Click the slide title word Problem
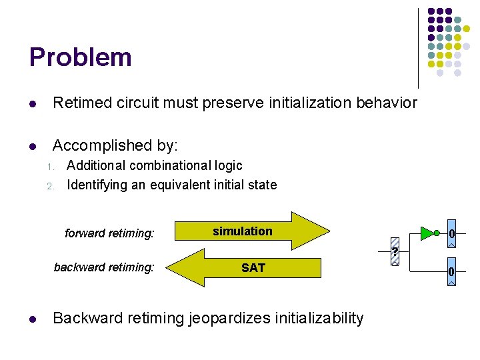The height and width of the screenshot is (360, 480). tap(80, 57)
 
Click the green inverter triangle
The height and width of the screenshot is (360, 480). tap(427, 233)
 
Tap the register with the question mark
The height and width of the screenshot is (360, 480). tap(395, 251)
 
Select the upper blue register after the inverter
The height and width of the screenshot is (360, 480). tap(451, 233)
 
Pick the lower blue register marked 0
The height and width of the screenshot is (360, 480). tap(451, 271)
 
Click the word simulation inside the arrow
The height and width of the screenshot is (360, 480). tap(243, 231)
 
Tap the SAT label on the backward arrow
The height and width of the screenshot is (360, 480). tap(253, 268)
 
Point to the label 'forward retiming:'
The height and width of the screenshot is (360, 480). tap(109, 233)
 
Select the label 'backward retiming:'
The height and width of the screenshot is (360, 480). tap(104, 267)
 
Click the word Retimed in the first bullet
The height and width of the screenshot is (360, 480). tap(79, 103)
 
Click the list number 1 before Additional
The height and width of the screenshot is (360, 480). tap(49, 167)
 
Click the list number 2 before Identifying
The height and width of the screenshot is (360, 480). tap(49, 186)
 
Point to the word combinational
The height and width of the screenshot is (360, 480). tap(166, 165)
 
